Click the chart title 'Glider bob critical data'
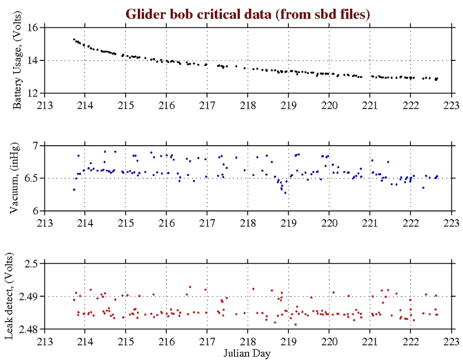coord(248,14)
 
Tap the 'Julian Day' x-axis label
coord(248,352)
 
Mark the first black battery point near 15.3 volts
coord(74,39)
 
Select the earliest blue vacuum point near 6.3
coord(74,190)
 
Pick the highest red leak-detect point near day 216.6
coord(190,287)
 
